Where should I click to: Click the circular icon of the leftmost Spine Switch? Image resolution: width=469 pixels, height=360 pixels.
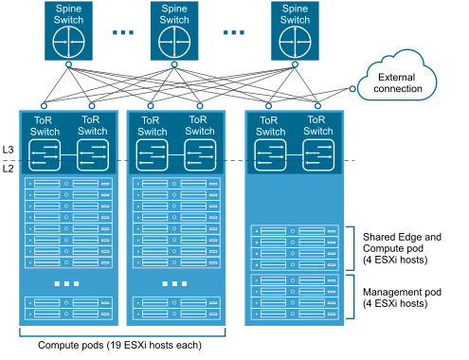[x=68, y=43]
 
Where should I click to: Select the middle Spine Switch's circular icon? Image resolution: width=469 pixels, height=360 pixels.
[x=174, y=43]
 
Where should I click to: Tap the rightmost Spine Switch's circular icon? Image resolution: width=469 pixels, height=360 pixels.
[x=295, y=43]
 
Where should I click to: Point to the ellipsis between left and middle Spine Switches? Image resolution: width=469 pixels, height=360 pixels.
[x=122, y=32]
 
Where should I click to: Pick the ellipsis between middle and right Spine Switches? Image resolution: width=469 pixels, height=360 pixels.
[x=234, y=32]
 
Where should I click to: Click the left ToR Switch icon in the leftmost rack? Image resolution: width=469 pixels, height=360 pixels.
[x=44, y=155]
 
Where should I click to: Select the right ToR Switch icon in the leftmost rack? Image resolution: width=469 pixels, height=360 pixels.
[x=93, y=155]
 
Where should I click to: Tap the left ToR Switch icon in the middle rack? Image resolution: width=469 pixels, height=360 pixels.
[x=152, y=155]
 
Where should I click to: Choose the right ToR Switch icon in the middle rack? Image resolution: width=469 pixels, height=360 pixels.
[x=200, y=155]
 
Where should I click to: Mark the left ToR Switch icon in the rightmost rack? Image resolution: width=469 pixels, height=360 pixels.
[x=269, y=155]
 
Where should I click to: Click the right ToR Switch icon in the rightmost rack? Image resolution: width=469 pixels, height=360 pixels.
[x=318, y=155]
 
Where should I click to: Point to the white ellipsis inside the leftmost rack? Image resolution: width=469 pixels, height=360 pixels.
[x=68, y=284]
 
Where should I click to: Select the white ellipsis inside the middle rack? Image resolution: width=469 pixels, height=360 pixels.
[x=175, y=284]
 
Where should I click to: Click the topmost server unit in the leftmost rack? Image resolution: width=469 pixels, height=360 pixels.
[x=68, y=184]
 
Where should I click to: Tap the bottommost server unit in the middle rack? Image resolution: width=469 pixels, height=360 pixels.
[x=175, y=314]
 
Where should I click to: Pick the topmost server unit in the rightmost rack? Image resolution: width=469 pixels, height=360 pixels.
[x=295, y=231]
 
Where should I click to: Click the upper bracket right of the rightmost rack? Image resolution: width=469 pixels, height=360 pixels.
[x=352, y=248]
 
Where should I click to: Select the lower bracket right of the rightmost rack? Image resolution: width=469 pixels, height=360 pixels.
[x=352, y=296]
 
